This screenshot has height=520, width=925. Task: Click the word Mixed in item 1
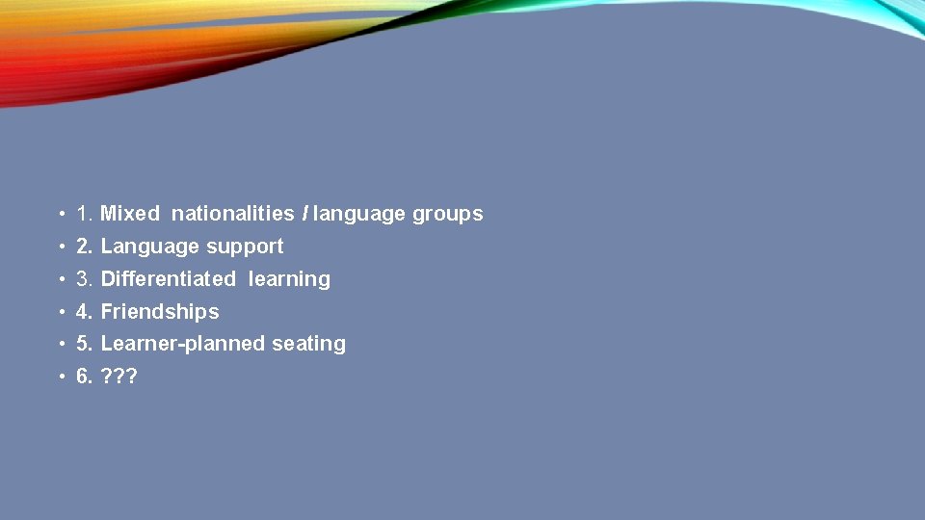tap(129, 214)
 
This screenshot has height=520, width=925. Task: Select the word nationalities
tap(232, 214)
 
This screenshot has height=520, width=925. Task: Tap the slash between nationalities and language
tap(304, 214)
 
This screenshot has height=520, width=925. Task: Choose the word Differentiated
tap(168, 279)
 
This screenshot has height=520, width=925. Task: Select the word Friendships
tap(160, 312)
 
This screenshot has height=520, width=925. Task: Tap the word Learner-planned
tap(172, 344)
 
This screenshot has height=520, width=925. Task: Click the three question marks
tap(119, 377)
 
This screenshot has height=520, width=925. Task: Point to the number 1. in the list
tap(84, 214)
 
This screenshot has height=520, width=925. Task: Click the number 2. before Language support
tap(84, 247)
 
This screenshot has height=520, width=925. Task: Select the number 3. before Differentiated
tap(84, 279)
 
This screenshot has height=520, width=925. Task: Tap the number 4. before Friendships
tap(84, 312)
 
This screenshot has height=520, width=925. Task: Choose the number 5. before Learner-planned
tap(84, 344)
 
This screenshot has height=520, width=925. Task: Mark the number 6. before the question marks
tap(84, 377)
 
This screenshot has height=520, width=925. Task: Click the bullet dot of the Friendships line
tap(60, 312)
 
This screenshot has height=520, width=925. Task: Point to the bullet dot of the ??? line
tap(60, 377)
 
